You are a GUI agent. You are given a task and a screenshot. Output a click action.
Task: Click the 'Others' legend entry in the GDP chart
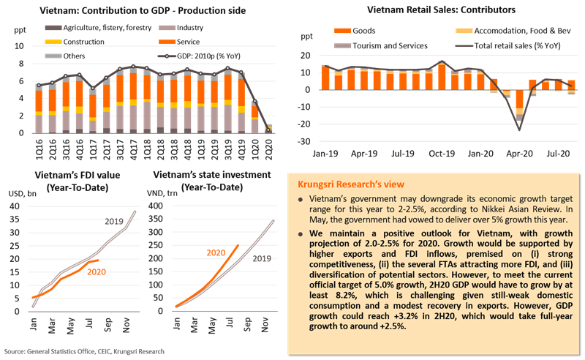pos(62,55)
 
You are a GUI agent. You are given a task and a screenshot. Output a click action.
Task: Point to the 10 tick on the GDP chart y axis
pos(19,45)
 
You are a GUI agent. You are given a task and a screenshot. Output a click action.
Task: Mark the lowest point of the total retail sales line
pos(519,130)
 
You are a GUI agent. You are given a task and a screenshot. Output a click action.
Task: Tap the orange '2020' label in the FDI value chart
pos(97,271)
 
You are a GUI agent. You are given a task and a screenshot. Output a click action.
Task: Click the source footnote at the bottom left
pos(84,351)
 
